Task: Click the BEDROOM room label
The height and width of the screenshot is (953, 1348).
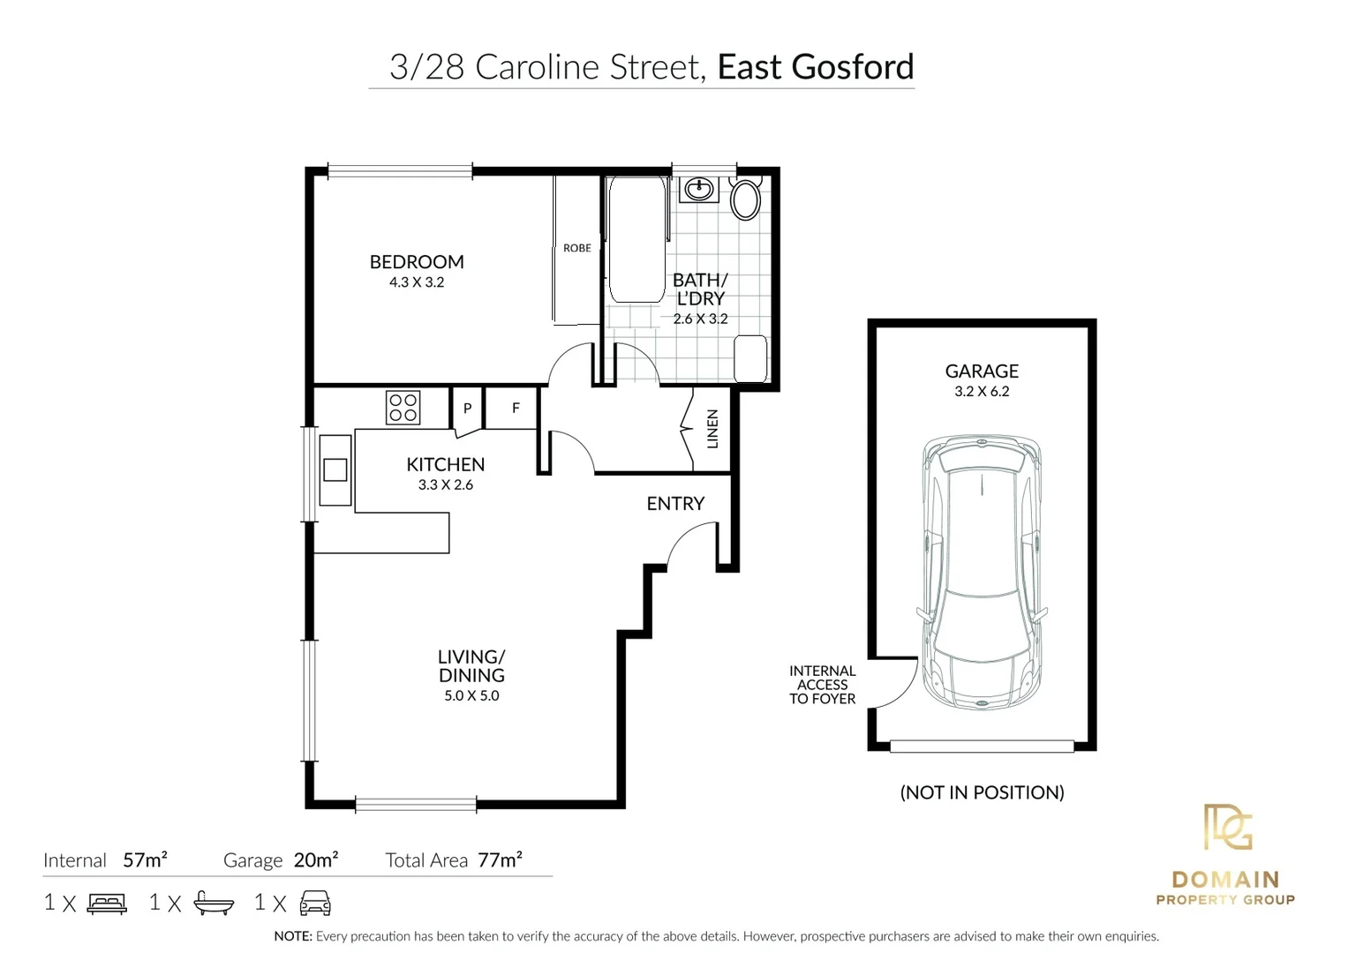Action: [416, 262]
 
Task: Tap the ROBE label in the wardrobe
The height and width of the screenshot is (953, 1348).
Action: [576, 248]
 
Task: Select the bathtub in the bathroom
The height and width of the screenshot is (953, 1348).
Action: [636, 241]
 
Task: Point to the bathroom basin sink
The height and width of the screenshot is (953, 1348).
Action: [701, 188]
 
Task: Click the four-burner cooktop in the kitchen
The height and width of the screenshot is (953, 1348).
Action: [403, 408]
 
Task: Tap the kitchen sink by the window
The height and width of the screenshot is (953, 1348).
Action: [335, 469]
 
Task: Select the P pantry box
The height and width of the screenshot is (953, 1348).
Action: [467, 409]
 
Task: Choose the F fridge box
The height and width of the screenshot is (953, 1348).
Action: [516, 409]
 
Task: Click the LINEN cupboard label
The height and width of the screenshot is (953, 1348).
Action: [712, 429]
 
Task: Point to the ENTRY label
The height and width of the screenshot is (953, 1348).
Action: [675, 504]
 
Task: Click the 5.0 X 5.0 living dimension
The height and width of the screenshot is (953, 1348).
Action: [471, 696]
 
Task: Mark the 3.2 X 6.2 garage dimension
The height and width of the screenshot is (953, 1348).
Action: [982, 392]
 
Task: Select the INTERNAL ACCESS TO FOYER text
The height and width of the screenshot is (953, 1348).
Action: [822, 685]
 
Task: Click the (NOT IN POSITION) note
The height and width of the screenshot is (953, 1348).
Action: [982, 792]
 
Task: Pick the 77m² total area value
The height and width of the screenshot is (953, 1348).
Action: [500, 859]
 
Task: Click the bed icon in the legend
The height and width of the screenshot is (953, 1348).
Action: [107, 904]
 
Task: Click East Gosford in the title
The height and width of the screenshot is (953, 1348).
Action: [815, 67]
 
